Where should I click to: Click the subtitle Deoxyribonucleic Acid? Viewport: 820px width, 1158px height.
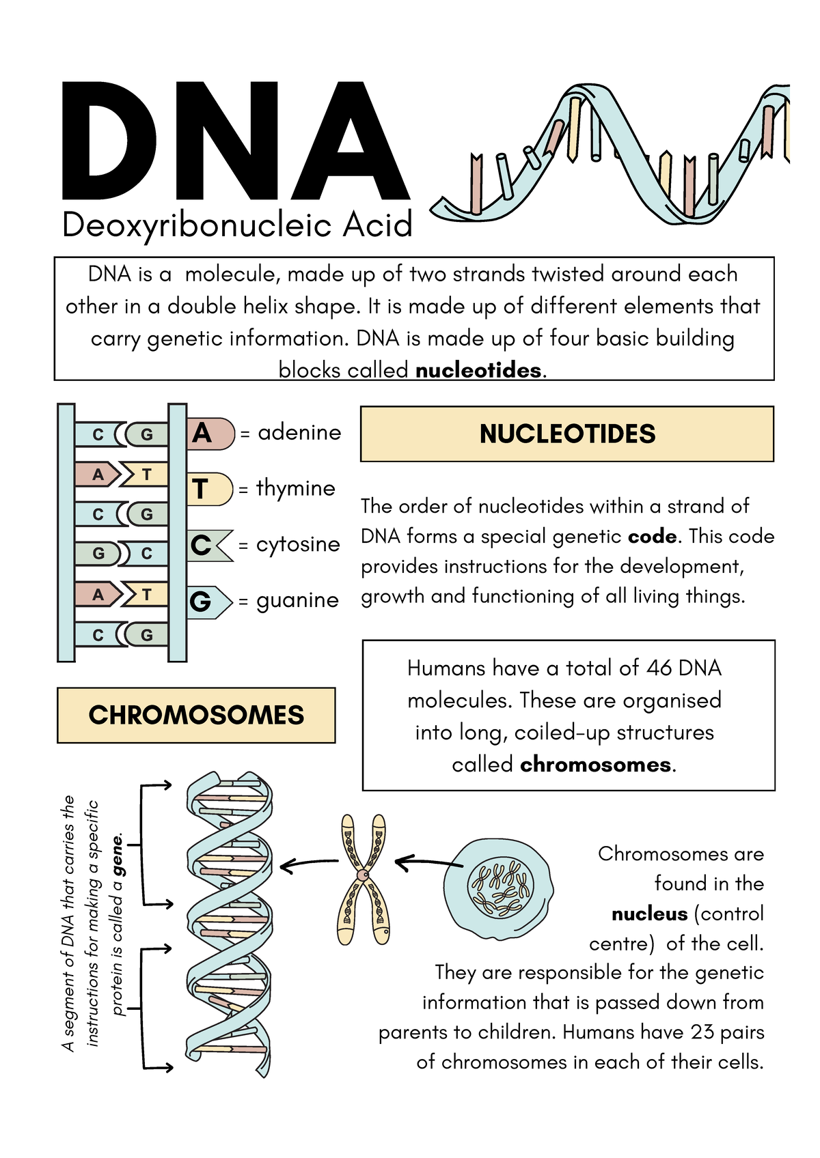pyautogui.click(x=237, y=225)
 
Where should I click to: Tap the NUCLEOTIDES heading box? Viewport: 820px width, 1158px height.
pyautogui.click(x=566, y=434)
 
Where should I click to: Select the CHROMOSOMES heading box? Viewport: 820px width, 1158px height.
pyautogui.click(x=196, y=715)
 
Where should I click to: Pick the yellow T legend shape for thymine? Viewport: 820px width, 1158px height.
pyautogui.click(x=208, y=489)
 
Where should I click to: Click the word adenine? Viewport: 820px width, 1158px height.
pyautogui.click(x=299, y=432)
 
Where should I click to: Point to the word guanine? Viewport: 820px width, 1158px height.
pyautogui.click(x=297, y=600)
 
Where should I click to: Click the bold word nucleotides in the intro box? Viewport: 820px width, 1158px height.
pyautogui.click(x=478, y=370)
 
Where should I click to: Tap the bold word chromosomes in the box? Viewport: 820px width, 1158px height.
pyautogui.click(x=595, y=764)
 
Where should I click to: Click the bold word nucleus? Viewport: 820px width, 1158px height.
pyautogui.click(x=649, y=914)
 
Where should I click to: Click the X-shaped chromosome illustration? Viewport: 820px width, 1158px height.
pyautogui.click(x=364, y=877)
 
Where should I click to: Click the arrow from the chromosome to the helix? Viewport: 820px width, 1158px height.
pyautogui.click(x=309, y=864)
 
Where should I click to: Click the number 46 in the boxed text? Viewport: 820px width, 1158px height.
pyautogui.click(x=659, y=667)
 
